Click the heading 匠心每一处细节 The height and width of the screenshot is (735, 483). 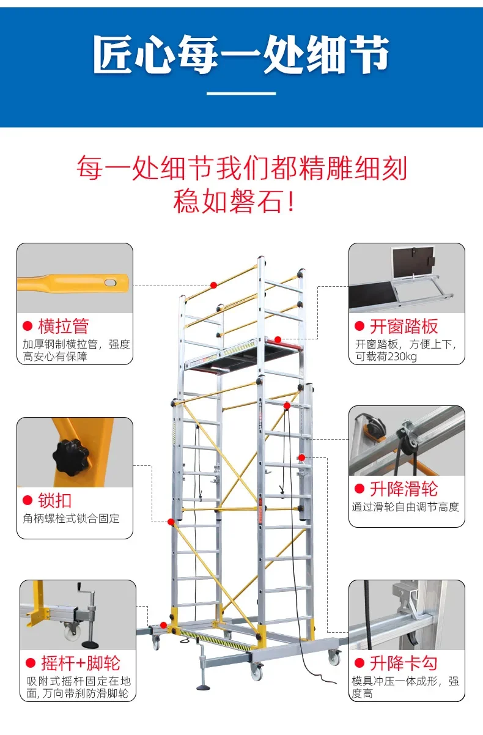click(x=241, y=54)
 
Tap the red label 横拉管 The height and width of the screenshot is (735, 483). click(x=64, y=326)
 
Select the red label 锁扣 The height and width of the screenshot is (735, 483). click(x=55, y=500)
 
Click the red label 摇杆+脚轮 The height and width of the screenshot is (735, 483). click(x=80, y=663)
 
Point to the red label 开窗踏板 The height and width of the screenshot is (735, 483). click(x=404, y=326)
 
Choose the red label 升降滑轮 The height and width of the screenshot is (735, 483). click(x=404, y=489)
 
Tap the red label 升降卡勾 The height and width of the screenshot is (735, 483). click(x=404, y=663)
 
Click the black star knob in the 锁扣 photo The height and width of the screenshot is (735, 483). click(x=71, y=456)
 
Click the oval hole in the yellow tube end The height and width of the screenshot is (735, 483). click(x=111, y=283)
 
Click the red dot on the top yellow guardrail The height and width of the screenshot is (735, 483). click(x=213, y=285)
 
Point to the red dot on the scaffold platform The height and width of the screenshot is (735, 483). click(x=278, y=339)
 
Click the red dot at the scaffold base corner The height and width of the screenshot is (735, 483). click(x=163, y=625)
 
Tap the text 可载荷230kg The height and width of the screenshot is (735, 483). click(x=386, y=356)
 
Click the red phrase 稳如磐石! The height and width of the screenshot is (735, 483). click(x=234, y=201)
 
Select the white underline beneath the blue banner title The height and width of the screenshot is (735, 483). click(x=241, y=94)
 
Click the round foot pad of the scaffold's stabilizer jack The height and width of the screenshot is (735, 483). click(x=204, y=687)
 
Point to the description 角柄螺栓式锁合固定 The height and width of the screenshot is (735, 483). click(x=71, y=519)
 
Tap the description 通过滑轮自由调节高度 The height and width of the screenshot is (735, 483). click(x=405, y=508)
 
